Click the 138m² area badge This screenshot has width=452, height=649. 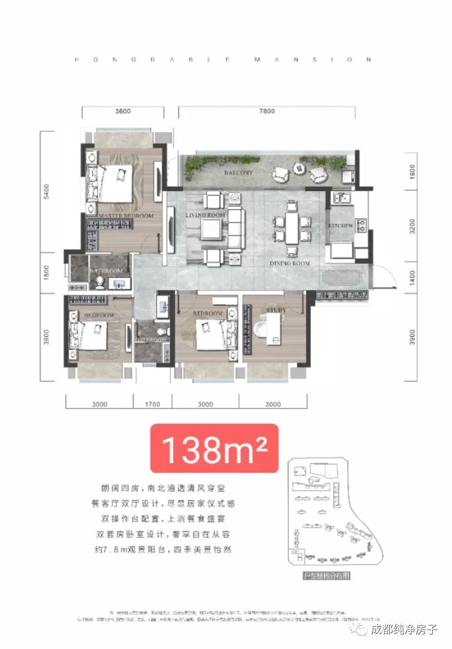[x=214, y=448]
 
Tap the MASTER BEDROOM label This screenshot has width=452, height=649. [x=126, y=216]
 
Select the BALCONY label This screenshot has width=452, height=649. [x=238, y=173]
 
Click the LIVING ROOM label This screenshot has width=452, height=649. [x=205, y=215]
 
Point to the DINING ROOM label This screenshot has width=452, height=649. [x=290, y=263]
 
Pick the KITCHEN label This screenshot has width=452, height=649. [x=340, y=225]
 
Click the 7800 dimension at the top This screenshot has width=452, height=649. [x=267, y=111]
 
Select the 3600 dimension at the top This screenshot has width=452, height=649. [x=122, y=111]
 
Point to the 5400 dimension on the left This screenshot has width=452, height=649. [x=46, y=192]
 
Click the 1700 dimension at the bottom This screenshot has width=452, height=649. [x=152, y=404]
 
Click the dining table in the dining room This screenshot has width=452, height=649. [x=292, y=228]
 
